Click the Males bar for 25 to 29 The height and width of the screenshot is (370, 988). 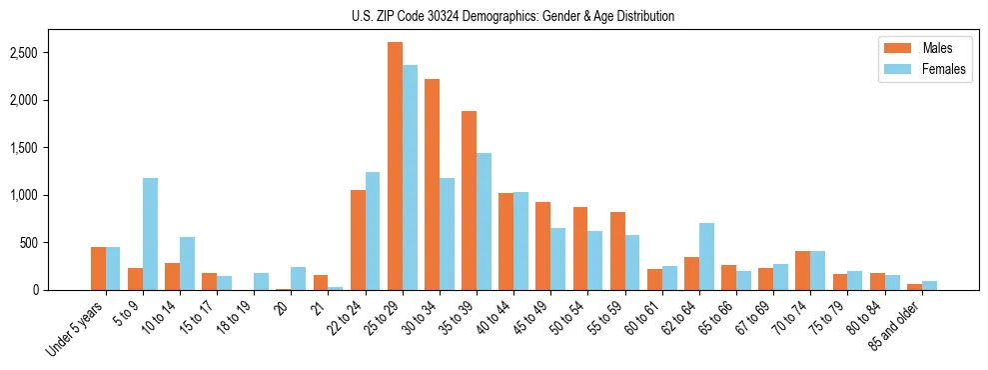tap(396, 166)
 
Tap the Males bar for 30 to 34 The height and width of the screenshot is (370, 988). tap(433, 185)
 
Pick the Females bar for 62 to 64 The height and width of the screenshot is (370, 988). tap(706, 257)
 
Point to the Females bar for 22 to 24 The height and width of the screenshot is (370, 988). tap(373, 231)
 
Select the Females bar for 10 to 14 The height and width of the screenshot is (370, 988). tap(187, 264)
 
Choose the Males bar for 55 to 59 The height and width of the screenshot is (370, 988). tap(617, 251)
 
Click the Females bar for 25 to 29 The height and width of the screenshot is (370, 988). tap(411, 178)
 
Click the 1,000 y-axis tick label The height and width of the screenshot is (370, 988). tap(54, 195)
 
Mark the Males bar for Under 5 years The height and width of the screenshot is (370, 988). tap(98, 268)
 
